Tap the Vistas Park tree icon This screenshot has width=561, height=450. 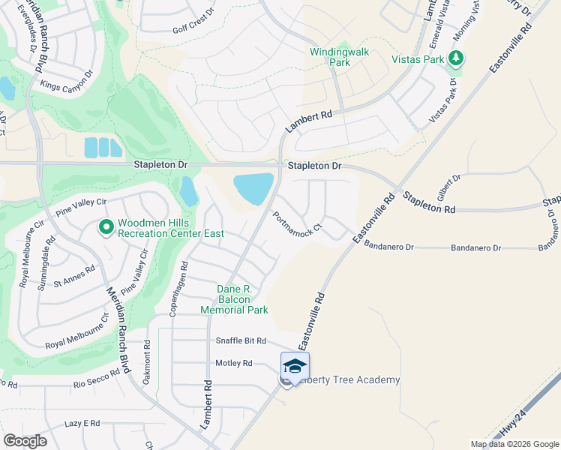coord(454,58)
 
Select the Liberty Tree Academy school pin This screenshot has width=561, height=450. coord(295,366)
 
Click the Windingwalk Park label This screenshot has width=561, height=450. coord(330,57)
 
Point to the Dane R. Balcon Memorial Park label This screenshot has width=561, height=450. coord(233,298)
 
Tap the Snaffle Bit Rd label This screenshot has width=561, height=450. coord(241,341)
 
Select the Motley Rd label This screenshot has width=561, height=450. coord(233,363)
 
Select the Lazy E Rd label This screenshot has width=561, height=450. coord(82,424)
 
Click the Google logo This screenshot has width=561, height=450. coord(25,441)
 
